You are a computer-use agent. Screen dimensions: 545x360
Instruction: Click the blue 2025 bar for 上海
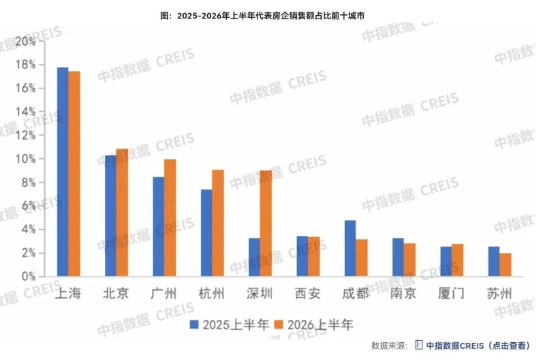click(63, 172)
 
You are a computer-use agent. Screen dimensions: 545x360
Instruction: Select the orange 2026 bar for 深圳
click(266, 224)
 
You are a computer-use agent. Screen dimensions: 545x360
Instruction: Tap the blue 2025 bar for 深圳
click(254, 258)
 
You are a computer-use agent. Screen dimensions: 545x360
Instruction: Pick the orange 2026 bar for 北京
click(122, 213)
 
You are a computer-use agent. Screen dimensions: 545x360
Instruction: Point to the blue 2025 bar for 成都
click(350, 248)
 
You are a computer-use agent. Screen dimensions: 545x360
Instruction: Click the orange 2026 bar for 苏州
click(505, 265)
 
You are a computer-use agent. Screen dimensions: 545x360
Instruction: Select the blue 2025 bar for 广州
click(159, 227)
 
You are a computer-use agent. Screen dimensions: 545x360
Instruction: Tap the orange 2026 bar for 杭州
click(218, 224)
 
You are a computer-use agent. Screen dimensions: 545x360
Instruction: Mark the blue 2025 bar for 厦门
click(446, 262)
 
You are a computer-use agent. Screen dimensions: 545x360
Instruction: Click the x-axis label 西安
click(308, 294)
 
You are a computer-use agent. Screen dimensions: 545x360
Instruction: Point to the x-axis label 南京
click(403, 294)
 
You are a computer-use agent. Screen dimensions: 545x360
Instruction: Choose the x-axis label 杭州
click(211, 294)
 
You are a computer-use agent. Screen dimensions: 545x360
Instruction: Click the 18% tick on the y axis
click(26, 65)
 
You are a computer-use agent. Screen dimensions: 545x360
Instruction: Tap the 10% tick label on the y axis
click(26, 159)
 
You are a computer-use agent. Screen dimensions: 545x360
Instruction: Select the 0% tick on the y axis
click(29, 277)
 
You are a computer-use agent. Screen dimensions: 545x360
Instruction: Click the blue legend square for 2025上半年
click(194, 325)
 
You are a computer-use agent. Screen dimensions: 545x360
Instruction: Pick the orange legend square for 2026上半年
click(279, 325)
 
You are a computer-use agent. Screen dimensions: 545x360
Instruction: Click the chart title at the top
click(262, 16)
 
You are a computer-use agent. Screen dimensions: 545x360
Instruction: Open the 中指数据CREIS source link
click(478, 346)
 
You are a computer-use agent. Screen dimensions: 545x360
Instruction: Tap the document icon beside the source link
click(419, 346)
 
